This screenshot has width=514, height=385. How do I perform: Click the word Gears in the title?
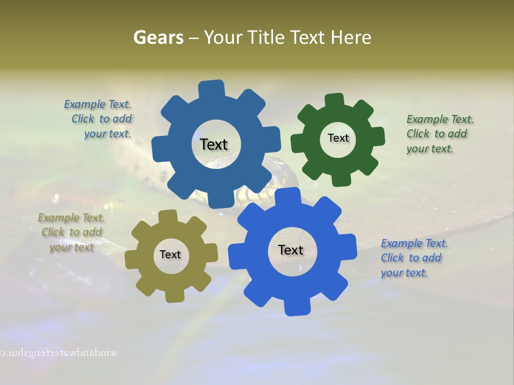[x=158, y=37]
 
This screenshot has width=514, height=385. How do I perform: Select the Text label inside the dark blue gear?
[x=214, y=144]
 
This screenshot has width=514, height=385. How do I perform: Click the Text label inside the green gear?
[x=338, y=138]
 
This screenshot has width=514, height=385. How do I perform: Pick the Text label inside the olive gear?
[x=170, y=255]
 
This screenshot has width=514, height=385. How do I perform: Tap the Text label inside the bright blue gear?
[x=291, y=250]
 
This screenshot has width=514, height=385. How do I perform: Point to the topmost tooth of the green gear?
[x=335, y=101]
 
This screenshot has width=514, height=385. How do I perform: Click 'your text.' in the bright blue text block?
[x=404, y=273]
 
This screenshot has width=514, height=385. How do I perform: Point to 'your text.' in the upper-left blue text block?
[x=108, y=134]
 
